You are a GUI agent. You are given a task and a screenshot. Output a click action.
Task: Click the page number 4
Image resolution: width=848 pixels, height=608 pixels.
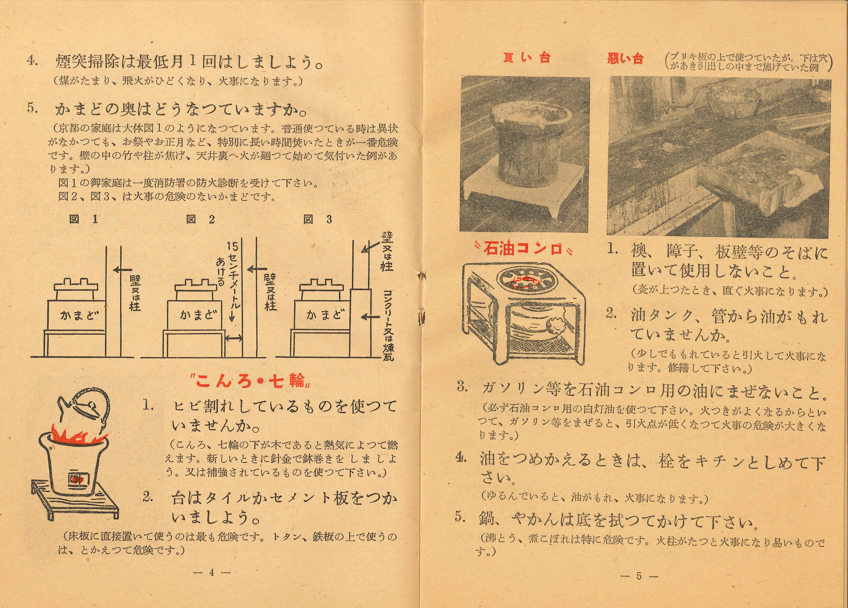pyautogui.click(x=212, y=572)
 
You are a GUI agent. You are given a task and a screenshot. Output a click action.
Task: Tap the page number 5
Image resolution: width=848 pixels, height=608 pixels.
pyautogui.click(x=639, y=576)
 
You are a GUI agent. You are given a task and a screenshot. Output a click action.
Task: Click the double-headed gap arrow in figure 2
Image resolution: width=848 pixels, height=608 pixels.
pyautogui.click(x=234, y=339)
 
